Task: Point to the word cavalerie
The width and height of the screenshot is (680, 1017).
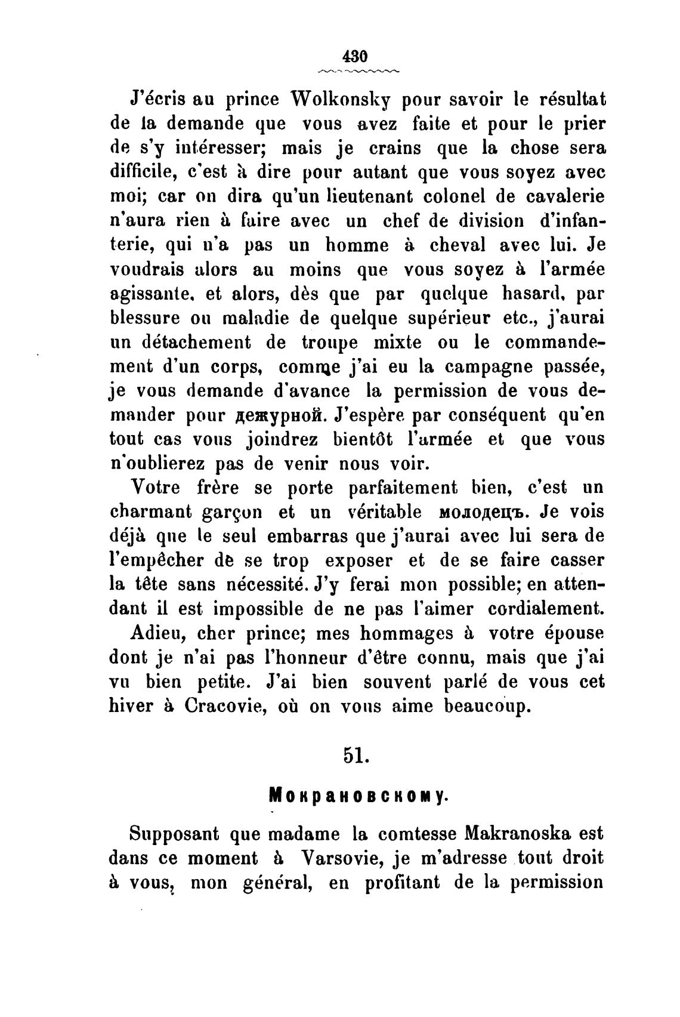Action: (563, 196)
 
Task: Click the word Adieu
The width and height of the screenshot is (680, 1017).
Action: (157, 633)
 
